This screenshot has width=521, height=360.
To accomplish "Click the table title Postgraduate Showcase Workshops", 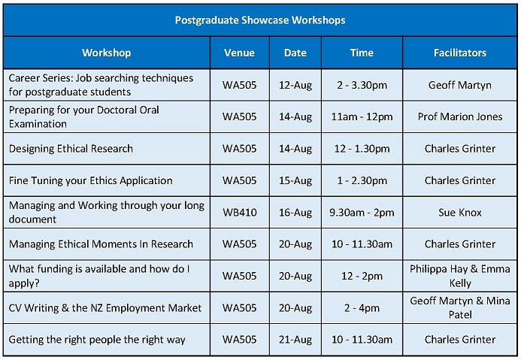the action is coord(260,20).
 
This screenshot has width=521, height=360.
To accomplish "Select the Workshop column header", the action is coord(107,53).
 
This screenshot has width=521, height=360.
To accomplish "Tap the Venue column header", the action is coord(239,53).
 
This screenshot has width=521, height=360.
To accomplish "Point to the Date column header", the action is coord(295,53).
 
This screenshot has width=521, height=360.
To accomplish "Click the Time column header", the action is coord(362,53).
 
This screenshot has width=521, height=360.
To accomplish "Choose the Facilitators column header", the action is coord(460,53).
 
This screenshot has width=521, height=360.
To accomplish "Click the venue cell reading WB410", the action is coord(240,213).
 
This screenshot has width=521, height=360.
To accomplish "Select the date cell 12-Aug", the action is coord(295,86).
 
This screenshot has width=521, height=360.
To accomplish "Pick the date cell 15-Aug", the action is coord(295,180).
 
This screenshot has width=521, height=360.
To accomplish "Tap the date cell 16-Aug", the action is coord(295,213).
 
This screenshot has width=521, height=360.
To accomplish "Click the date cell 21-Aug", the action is coord(295,340).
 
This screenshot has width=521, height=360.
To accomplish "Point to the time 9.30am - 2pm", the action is coord(362,213).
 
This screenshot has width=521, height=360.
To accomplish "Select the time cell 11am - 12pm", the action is coord(362,117).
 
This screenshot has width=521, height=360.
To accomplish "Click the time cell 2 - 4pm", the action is coord(362,308).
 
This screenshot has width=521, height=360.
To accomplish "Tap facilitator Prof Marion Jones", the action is coord(460,117).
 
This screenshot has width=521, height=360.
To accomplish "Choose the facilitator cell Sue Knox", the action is coord(460,213).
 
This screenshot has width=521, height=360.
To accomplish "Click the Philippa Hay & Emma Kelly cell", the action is coord(460,276).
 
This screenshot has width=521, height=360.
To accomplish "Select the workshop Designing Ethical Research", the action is coord(71,149).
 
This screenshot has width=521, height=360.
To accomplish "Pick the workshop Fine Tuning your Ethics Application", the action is coord(91,180).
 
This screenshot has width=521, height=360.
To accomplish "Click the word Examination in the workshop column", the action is coord(38,124).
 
